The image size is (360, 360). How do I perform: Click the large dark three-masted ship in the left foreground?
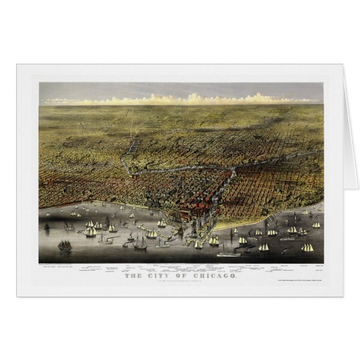tap(65, 245)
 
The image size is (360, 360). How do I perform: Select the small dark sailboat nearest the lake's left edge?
tap(47, 226)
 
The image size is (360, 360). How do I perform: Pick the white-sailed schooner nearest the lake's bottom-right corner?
tap(307, 247)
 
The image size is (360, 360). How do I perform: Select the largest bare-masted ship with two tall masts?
tap(139, 243)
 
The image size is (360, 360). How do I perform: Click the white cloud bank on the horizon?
tap(184, 100)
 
